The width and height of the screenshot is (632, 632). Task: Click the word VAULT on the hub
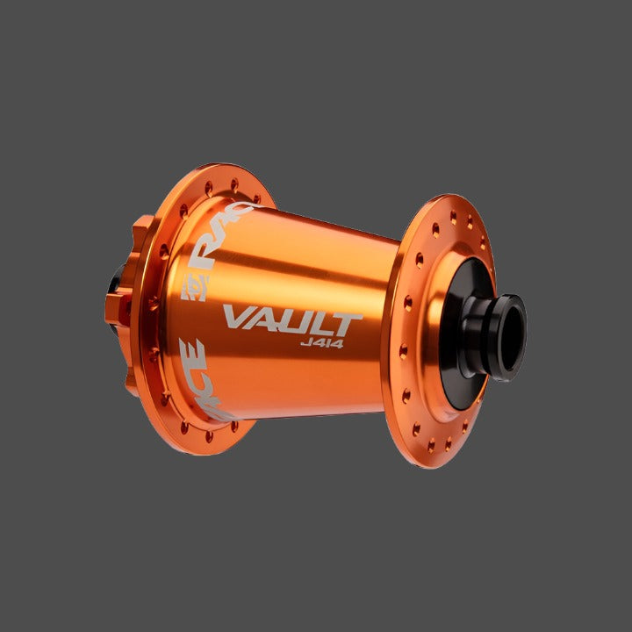point(292,319)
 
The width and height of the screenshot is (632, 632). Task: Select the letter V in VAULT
point(237,318)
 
